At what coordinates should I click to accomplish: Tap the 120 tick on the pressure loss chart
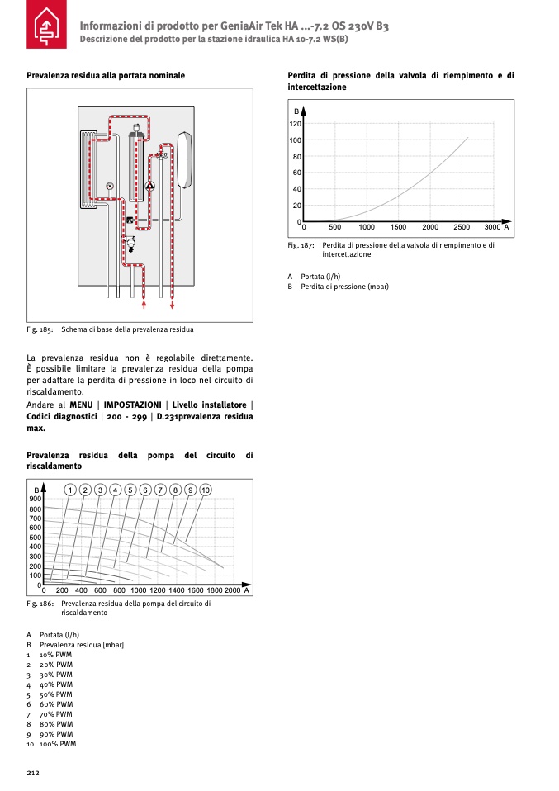coord(296,124)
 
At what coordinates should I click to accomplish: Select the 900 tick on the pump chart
coord(36,499)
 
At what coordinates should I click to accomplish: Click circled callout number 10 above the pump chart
coord(206,490)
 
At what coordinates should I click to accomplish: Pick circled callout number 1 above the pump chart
coord(71,490)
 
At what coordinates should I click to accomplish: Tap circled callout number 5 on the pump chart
coord(130,490)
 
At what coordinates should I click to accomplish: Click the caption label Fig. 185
coord(40,329)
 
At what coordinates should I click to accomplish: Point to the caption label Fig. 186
coord(40,604)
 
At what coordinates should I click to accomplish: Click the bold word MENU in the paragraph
coord(81,405)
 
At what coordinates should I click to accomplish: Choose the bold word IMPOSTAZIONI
coord(133,405)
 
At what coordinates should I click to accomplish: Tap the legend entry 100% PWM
coord(58,744)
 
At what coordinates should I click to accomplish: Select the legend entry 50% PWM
coord(56,694)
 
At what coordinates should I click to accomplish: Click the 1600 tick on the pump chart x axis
coord(196,590)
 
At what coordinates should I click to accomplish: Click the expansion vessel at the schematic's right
coord(184,159)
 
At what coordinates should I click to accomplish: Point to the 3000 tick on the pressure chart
coord(492,226)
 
